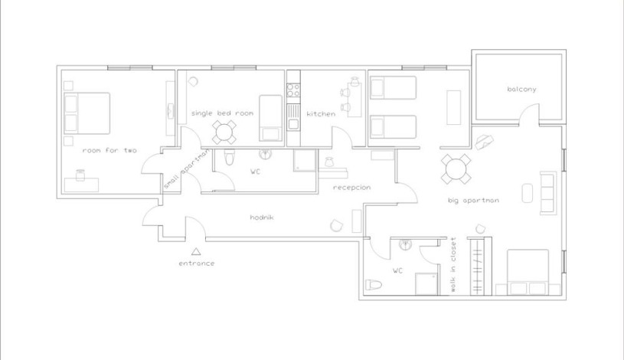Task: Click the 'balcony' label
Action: pos(521,89)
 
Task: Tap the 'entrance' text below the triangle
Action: pos(197,263)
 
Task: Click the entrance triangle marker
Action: pos(196,251)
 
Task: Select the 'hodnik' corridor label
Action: pos(262,217)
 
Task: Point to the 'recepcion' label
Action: pos(351,187)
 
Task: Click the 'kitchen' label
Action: pos(321,114)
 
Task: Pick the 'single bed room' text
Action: pos(222,113)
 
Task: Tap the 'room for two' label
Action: pos(109,150)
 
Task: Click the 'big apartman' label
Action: pos(473,201)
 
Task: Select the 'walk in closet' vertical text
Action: pos(453,265)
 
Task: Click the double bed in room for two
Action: pos(87,113)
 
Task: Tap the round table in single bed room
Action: pos(224,133)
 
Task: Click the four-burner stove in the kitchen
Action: pos(293,90)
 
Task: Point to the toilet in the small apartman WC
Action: pos(229,157)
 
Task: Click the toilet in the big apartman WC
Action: pos(374,285)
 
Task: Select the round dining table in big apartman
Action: pos(456,169)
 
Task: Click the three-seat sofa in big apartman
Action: pos(548,193)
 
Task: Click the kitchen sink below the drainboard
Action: pos(293,124)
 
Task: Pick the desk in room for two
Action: pos(82,185)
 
